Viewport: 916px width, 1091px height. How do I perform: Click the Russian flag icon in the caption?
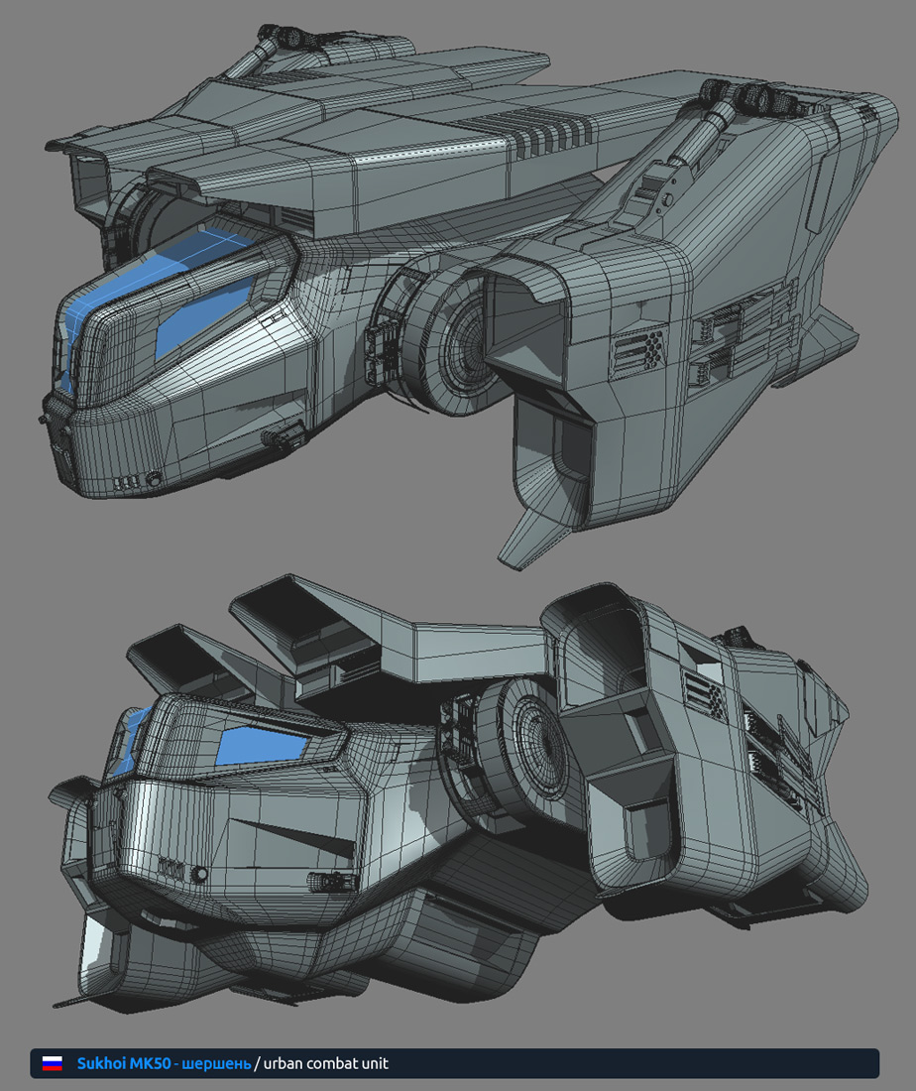pyautogui.click(x=53, y=1063)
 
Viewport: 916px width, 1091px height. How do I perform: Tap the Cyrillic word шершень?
pyautogui.click(x=216, y=1064)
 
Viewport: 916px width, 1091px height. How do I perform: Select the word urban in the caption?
pyautogui.click(x=284, y=1063)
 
